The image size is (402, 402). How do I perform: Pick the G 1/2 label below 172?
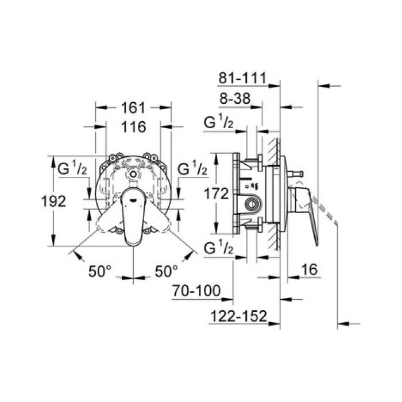click(x=219, y=249)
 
